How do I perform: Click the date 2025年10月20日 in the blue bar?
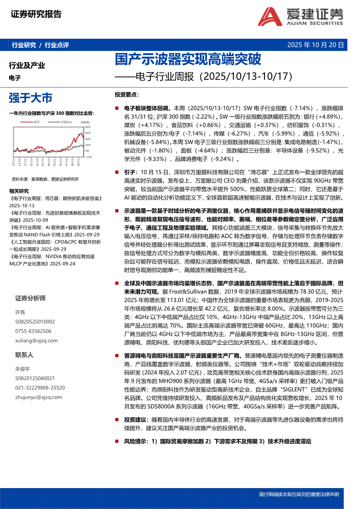316,45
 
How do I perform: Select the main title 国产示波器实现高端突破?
187,59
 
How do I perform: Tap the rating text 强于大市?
31,97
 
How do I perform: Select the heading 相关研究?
19,191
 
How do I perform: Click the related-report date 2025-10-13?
22,205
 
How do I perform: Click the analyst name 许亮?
20,313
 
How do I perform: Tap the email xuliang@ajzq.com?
33,340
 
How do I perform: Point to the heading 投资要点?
127,94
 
